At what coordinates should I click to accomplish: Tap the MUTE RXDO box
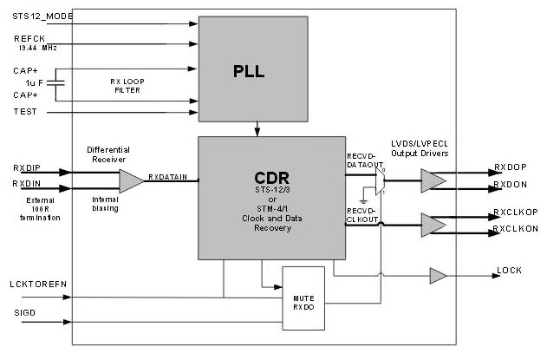[303, 298]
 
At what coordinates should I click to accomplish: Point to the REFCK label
[28, 38]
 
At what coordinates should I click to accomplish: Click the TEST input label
[25, 112]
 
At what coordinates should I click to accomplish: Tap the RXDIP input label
[28, 170]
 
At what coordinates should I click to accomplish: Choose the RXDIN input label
[28, 185]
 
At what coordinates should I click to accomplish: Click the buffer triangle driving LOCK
[438, 276]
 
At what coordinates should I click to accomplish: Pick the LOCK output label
[509, 272]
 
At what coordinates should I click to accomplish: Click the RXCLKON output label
[517, 229]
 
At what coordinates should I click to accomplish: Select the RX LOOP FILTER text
[127, 85]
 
